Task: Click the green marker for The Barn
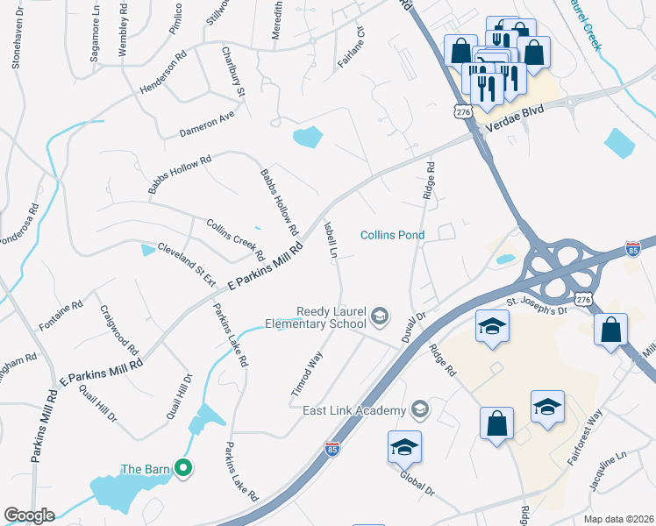point(183,469)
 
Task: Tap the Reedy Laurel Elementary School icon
point(380,316)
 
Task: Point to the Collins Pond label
point(393,235)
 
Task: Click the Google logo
point(28,515)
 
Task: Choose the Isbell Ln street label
point(331,238)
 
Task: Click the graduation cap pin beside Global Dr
point(404,447)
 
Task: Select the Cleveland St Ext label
point(186,264)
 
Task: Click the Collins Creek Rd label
point(235,239)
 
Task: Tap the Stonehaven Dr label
point(16,44)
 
